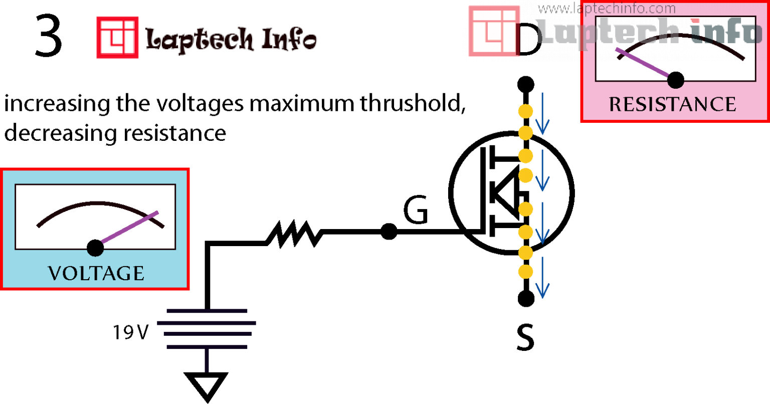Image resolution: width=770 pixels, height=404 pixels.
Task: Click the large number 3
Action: [x=49, y=36]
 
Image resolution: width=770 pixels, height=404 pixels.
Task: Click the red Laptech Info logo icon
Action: [x=117, y=38]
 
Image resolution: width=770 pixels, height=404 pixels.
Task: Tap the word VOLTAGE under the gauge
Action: [x=96, y=273]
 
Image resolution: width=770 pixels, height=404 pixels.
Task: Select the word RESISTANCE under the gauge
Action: [x=672, y=104]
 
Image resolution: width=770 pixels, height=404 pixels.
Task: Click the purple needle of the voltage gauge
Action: [x=128, y=230]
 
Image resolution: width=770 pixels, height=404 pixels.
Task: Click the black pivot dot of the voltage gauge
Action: [x=95, y=248]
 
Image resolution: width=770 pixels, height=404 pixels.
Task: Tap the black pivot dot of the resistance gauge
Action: [x=676, y=79]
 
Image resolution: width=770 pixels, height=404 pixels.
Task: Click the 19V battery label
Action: [x=130, y=332]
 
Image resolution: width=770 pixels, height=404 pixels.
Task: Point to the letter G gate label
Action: [x=416, y=211]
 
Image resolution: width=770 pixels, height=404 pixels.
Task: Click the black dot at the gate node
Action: [x=389, y=232]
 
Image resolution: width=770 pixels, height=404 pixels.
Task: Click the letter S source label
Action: [x=525, y=338]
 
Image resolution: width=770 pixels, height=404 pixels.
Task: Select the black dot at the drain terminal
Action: [x=525, y=84]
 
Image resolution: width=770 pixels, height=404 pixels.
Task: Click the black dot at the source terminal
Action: [x=525, y=299]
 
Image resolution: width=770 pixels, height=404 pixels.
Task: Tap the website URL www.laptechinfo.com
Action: [x=607, y=9]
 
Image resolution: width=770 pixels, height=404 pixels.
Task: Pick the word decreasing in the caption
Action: [x=61, y=133]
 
